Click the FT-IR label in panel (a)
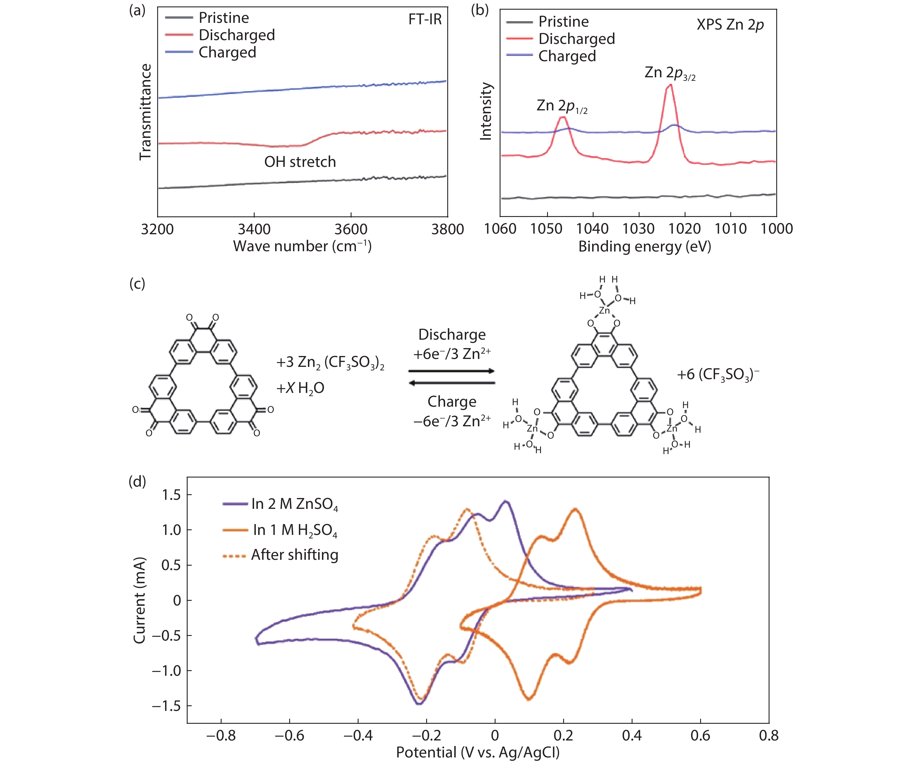click(x=424, y=19)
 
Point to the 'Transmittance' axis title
click(x=145, y=112)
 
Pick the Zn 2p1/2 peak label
click(x=561, y=106)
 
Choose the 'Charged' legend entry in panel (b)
click(x=567, y=56)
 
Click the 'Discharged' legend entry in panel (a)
click(x=236, y=35)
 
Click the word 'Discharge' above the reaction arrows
click(x=452, y=334)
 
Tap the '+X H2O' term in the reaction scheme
click(x=300, y=388)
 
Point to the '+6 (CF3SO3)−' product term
click(x=717, y=375)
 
